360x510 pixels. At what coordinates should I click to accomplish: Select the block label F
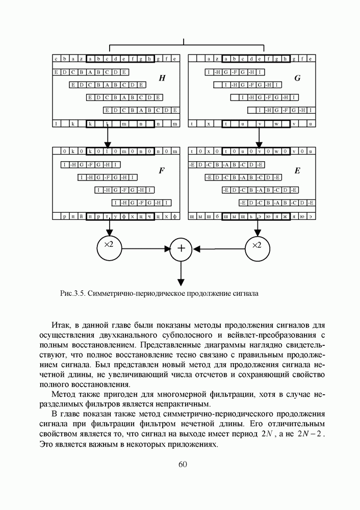(x=162, y=171)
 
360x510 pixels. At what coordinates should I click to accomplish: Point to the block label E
(x=297, y=171)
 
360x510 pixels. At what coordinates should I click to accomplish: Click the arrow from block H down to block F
(x=108, y=137)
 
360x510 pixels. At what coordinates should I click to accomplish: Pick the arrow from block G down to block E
(x=259, y=137)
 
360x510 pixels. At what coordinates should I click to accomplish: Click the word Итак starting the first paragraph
(x=63, y=325)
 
